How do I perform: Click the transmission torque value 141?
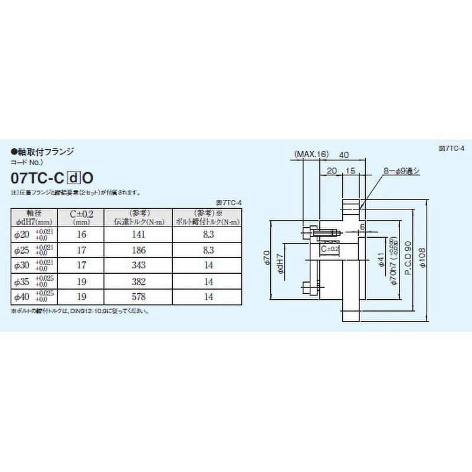coord(141,234)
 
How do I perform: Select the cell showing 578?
coord(141,296)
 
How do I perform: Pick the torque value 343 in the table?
coord(141,265)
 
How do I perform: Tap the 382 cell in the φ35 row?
coord(141,281)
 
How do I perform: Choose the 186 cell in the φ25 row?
coord(141,250)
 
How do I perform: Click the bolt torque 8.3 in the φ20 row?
coord(208,234)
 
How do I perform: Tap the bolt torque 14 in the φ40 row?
coord(208,296)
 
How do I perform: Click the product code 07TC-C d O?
coord(54,177)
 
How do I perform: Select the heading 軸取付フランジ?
coord(45,152)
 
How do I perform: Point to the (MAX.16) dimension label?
coord(311,155)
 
